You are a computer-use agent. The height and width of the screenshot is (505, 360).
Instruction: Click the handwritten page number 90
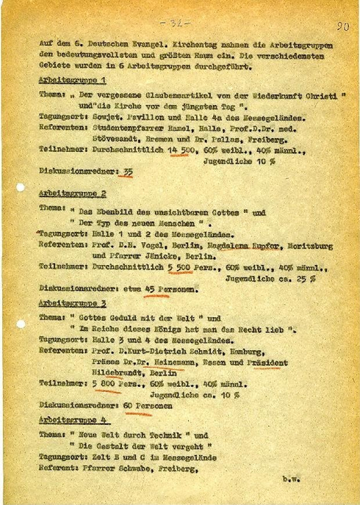coord(342,27)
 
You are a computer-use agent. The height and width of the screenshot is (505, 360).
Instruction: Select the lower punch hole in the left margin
coord(19,323)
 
